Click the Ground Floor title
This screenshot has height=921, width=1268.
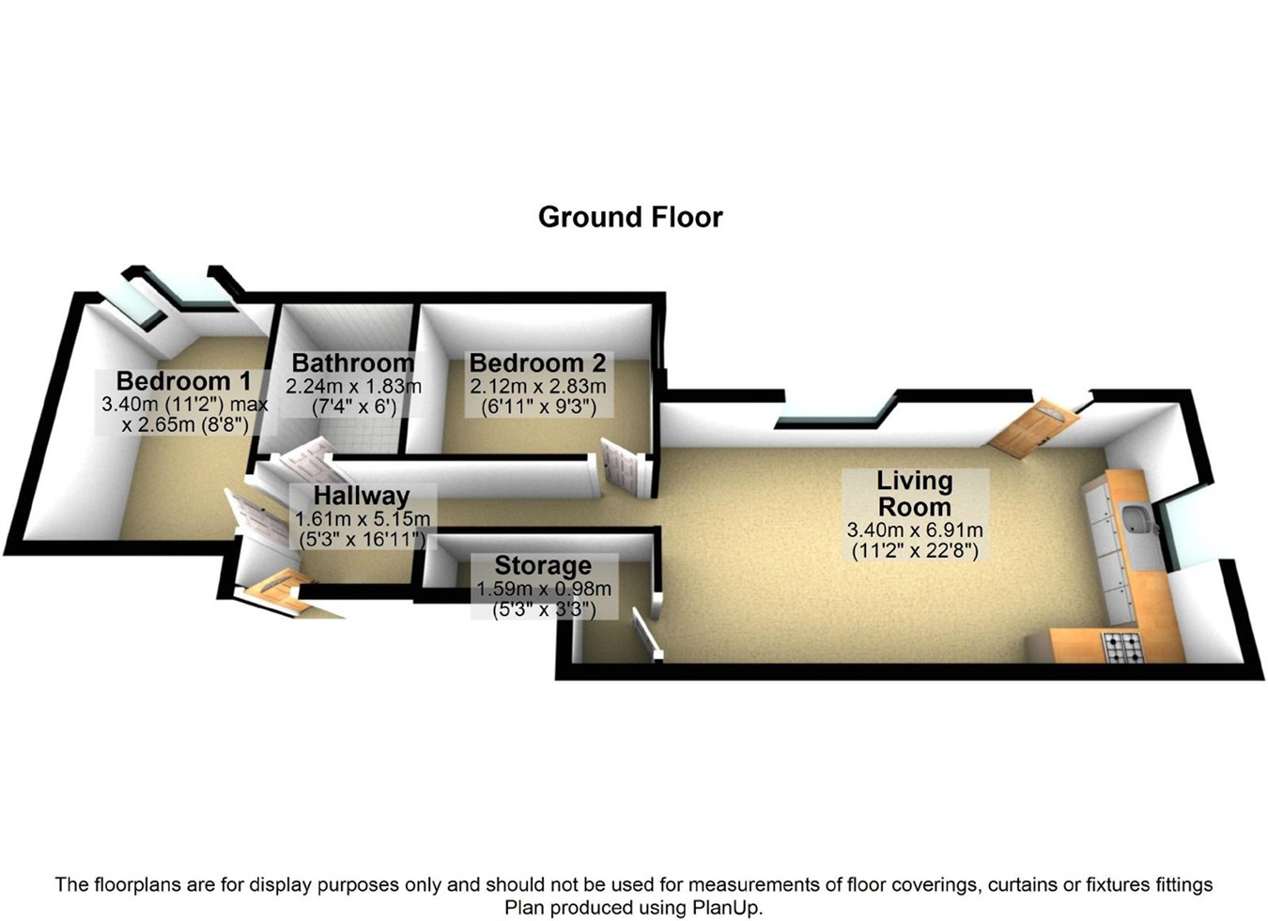pos(630,217)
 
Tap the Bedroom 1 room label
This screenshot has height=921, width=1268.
pos(183,381)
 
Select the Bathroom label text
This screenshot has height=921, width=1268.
pos(353,362)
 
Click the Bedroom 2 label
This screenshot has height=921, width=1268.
pos(538,362)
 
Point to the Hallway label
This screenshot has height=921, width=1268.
pos(362,496)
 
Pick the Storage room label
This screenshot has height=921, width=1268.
pos(543,565)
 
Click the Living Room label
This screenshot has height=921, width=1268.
pos(914,494)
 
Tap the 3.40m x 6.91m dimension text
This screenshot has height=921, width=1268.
pos(915,530)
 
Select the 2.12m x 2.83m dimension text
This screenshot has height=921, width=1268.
pos(538,387)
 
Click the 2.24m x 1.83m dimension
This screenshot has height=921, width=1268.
pos(353,387)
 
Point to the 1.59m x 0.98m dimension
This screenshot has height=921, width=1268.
pos(544,589)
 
